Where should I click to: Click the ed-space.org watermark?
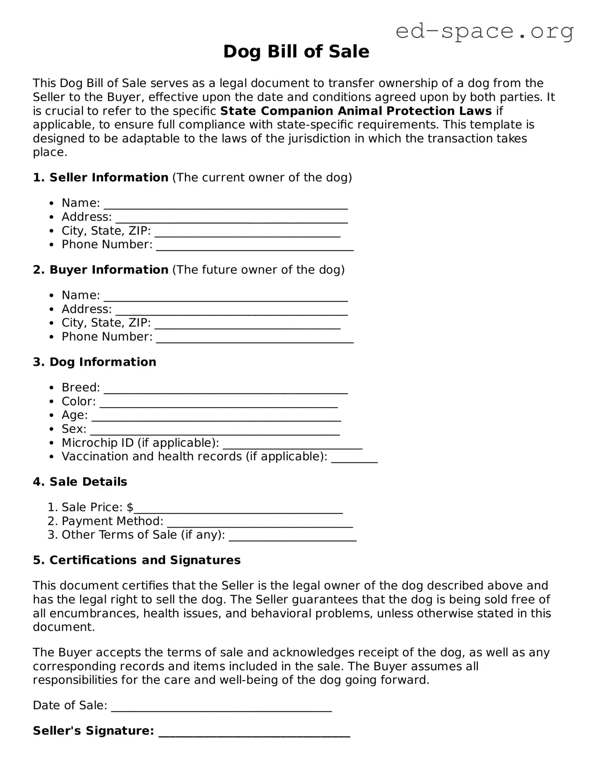[484, 31]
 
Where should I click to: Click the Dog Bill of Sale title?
[296, 52]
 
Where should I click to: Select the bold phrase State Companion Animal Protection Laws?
[355, 111]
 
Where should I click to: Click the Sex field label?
[74, 429]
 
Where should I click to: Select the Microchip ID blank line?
[293, 445]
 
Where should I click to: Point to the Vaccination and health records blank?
[354, 458]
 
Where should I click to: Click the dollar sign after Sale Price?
[130, 507]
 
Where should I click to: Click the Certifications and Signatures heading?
[137, 560]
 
